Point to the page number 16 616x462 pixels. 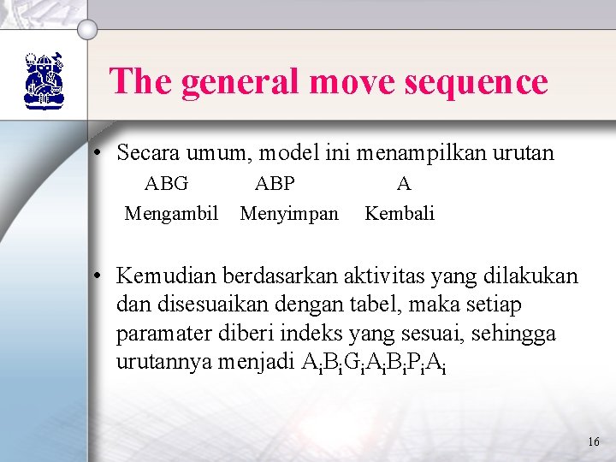pyautogui.click(x=594, y=441)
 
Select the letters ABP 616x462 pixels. pyautogui.click(x=275, y=183)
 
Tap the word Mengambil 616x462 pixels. pyautogui.click(x=171, y=213)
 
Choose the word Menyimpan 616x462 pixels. pyautogui.click(x=289, y=213)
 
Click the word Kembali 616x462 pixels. pyautogui.click(x=400, y=213)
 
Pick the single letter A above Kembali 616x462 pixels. pyautogui.click(x=404, y=183)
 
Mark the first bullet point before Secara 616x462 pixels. pyautogui.click(x=99, y=154)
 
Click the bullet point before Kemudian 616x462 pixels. pyautogui.click(x=99, y=276)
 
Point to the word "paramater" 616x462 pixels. pyautogui.click(x=158, y=333)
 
